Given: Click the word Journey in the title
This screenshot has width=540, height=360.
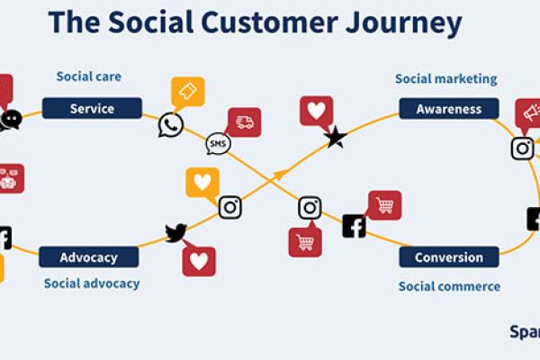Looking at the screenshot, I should coord(405,22).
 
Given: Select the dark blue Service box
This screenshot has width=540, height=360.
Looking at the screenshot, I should coord(92,109).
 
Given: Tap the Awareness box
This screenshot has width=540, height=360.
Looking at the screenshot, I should coord(448,110).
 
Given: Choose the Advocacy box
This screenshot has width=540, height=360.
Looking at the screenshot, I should coord(88,257).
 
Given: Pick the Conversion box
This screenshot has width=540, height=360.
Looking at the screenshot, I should coord(448,257).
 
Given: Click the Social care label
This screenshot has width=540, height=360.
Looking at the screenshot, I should coord(88,76).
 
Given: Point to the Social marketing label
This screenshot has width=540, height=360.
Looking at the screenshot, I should coord(445,79).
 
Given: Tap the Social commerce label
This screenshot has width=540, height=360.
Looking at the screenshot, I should coord(449,286).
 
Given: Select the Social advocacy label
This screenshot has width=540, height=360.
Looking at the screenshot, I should coord(92,283).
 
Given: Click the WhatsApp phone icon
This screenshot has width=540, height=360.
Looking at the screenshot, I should coord(170,125).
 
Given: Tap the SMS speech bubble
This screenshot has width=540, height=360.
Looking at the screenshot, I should coord(218,143).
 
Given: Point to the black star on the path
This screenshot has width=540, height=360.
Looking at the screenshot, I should coord(336,138).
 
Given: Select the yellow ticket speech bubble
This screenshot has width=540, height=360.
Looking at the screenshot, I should coord(188,92).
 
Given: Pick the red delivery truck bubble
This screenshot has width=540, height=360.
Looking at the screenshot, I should coord(244,122).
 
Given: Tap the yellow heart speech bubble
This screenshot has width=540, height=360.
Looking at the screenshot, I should coord(202,182).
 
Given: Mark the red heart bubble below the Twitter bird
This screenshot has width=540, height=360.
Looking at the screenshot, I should coord(199,261).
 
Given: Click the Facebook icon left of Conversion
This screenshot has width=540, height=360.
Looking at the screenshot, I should coord(354,226).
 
